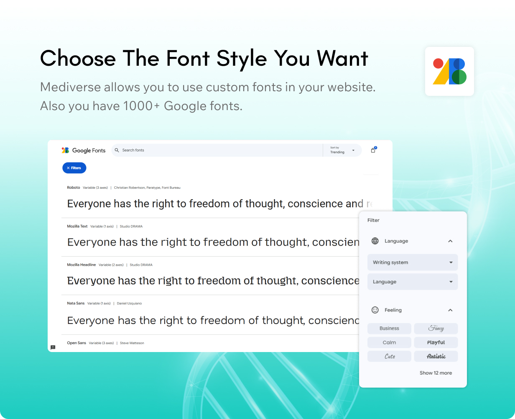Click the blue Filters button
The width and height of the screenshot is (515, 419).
coord(74,168)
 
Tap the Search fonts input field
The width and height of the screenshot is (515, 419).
coord(217,150)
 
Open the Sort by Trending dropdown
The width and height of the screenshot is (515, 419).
coord(342,150)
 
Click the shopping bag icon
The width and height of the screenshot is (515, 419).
coord(373,150)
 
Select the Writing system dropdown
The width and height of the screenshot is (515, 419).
coord(413,262)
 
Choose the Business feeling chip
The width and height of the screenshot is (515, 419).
coord(389,328)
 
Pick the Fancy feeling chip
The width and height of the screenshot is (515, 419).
coord(436,328)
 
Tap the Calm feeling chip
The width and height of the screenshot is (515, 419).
coord(389,342)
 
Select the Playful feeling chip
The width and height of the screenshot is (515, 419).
coord(436,342)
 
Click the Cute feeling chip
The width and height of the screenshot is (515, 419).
coord(389,356)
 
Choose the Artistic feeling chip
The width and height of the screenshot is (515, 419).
coord(436,356)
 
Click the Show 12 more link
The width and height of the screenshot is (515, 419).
coord(436,373)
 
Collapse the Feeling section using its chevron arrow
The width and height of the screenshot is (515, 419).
coord(450,310)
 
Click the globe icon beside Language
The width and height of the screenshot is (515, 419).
coord(375,241)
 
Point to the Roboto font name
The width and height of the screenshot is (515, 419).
coord(74,188)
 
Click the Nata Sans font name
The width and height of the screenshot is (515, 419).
coord(76,303)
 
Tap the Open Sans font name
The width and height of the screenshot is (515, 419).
coord(76,343)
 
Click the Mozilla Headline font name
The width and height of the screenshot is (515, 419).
coord(81,265)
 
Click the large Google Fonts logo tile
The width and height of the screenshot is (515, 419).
coord(449,72)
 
